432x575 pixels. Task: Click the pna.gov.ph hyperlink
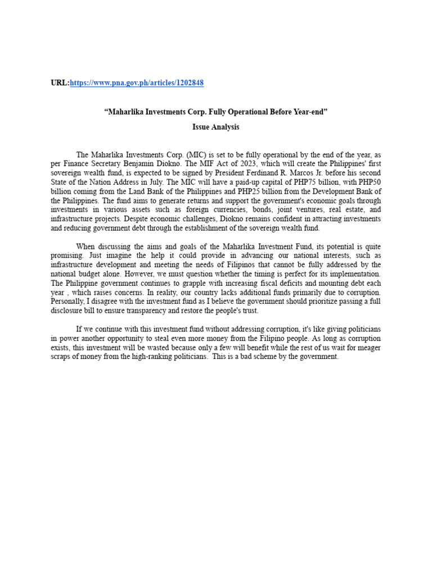[x=137, y=83]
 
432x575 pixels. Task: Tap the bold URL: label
[x=60, y=83]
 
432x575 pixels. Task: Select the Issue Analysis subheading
[x=215, y=127]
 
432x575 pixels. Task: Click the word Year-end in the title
[x=308, y=112]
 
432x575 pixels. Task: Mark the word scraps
[x=62, y=357]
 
